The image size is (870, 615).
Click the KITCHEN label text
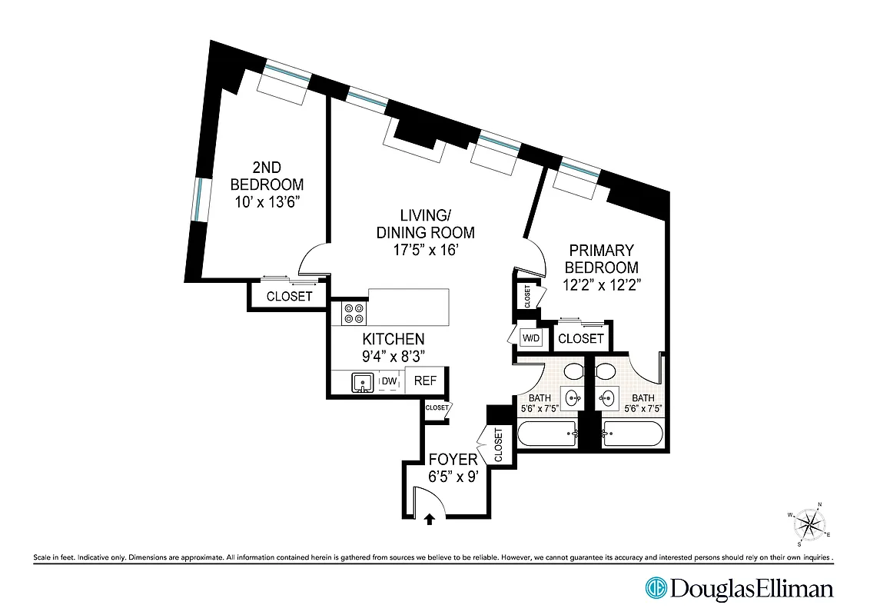393,339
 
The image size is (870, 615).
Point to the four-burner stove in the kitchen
354,313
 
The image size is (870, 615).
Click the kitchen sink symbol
361,381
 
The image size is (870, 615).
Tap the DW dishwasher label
390,381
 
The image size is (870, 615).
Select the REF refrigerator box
425,381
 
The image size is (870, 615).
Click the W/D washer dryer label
531,338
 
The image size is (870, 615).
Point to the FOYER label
453,460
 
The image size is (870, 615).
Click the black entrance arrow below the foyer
430,520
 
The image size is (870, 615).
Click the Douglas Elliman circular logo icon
657,589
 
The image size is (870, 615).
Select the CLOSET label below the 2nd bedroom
289,297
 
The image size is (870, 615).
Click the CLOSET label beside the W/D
581,339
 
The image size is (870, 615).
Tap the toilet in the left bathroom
573,372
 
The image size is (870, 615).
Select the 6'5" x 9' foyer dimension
453,477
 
